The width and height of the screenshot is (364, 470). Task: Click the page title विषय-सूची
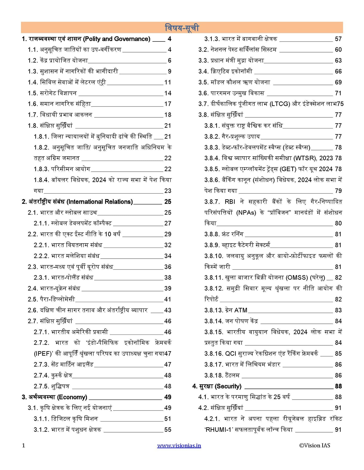pyautogui.click(x=182, y=28)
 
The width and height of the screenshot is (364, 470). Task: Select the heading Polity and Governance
pyautogui.click(x=117, y=39)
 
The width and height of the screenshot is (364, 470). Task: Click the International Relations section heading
pyautogui.click(x=100, y=202)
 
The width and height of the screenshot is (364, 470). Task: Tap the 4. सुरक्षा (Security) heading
pyautogui.click(x=217, y=386)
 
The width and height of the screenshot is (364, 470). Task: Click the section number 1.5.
pyautogui.click(x=33, y=93)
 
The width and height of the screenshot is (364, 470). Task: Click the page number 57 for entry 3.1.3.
pyautogui.click(x=338, y=39)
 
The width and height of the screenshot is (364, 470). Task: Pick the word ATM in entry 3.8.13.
pyautogui.click(x=241, y=310)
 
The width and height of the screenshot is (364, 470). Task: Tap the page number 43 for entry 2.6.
pyautogui.click(x=168, y=310)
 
